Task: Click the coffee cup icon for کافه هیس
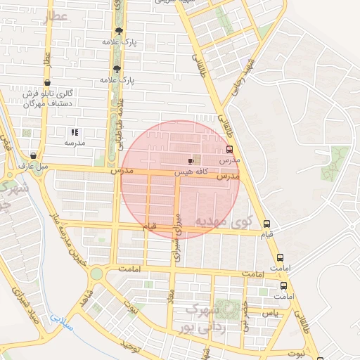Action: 191,161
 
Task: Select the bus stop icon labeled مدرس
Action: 229,149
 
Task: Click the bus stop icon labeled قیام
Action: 266,224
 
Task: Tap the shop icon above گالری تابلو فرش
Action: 46,83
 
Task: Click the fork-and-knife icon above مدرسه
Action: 75,132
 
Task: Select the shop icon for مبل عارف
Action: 33,155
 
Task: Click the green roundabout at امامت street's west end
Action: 96,274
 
